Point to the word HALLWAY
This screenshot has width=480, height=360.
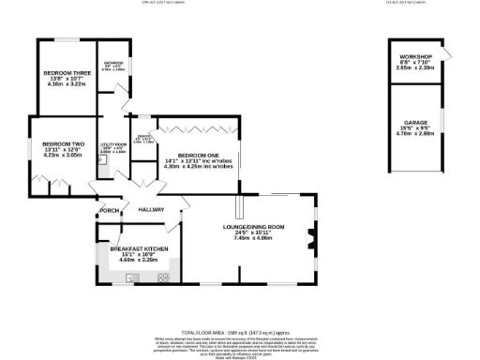[x=153, y=210]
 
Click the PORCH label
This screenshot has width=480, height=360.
[x=111, y=210]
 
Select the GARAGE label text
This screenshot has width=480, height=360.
[x=416, y=122]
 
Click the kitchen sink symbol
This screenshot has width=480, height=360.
[x=132, y=276]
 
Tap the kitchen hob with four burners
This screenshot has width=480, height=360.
[x=162, y=276]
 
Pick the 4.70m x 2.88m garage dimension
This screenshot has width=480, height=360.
[x=416, y=134]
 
